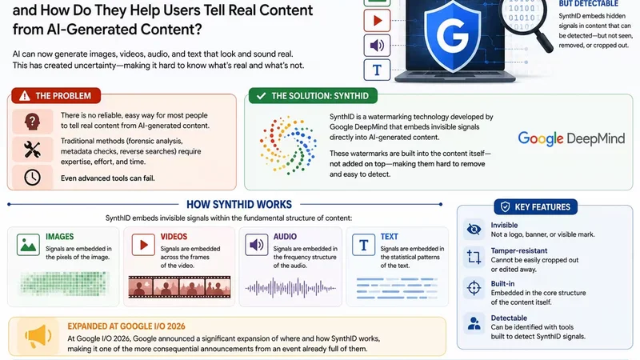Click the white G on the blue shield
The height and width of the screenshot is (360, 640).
[x=452, y=34]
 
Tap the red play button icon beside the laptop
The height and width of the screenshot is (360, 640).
[x=377, y=20]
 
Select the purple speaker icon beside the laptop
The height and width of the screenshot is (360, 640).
[x=377, y=46]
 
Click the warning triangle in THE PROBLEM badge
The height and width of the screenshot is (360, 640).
[x=25, y=96]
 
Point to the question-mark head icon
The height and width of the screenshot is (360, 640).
[x=32, y=122]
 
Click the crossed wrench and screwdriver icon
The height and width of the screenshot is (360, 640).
[x=32, y=150]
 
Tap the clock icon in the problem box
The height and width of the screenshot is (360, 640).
[x=32, y=178]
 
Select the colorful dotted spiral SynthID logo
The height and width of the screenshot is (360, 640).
[x=288, y=146]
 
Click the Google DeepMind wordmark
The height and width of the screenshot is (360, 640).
[x=571, y=138]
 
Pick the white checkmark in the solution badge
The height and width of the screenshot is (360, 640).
[x=261, y=96]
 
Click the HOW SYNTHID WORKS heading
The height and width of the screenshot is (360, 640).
[x=239, y=204]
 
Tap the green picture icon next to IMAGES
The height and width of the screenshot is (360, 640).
[x=28, y=245]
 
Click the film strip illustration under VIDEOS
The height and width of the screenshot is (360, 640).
[x=179, y=286]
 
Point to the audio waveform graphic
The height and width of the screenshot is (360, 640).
[x=290, y=288]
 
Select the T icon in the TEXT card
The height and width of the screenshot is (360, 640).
[x=363, y=245]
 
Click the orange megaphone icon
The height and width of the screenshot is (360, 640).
[x=38, y=336]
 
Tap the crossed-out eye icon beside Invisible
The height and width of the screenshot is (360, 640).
[x=474, y=230]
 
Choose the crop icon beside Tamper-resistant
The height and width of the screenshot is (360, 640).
[x=474, y=257]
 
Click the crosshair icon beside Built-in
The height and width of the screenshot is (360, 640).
[x=474, y=288]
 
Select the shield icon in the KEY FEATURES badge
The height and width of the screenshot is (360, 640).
[x=505, y=207]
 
